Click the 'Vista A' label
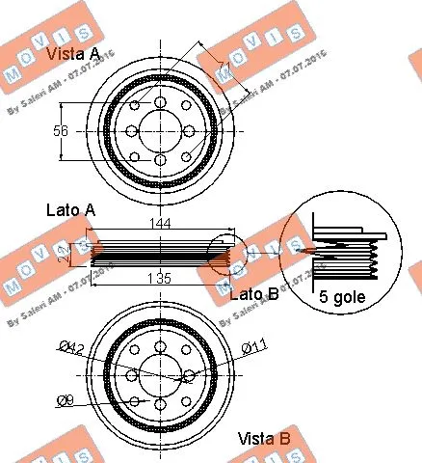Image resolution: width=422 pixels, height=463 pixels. [x=73, y=56]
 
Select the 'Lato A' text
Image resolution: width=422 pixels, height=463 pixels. [x=70, y=209]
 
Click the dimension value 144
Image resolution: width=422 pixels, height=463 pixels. [x=160, y=223]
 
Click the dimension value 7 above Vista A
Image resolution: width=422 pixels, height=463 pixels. [x=221, y=66]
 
